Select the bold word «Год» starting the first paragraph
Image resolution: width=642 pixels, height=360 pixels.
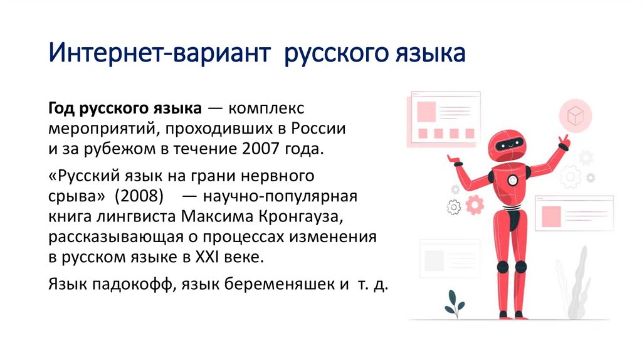(61, 109)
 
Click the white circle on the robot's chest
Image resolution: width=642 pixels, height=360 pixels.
(512, 179)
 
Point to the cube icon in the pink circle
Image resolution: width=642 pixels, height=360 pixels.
(574, 115)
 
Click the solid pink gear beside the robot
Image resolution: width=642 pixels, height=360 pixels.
(475, 203)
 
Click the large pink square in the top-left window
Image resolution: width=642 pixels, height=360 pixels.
(426, 111)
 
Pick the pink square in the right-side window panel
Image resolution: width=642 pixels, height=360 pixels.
(551, 215)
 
